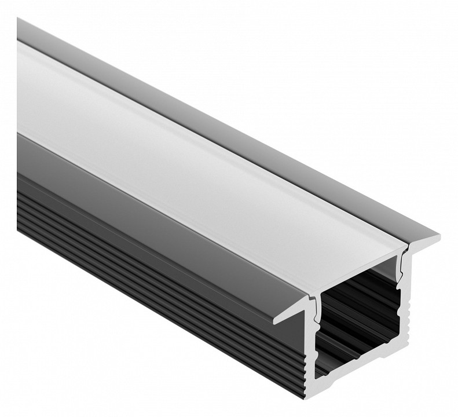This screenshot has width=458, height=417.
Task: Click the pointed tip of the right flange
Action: [x=438, y=238]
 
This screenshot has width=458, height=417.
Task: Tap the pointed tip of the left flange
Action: [x=276, y=321]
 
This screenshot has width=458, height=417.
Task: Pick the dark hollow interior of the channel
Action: [x=359, y=324]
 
